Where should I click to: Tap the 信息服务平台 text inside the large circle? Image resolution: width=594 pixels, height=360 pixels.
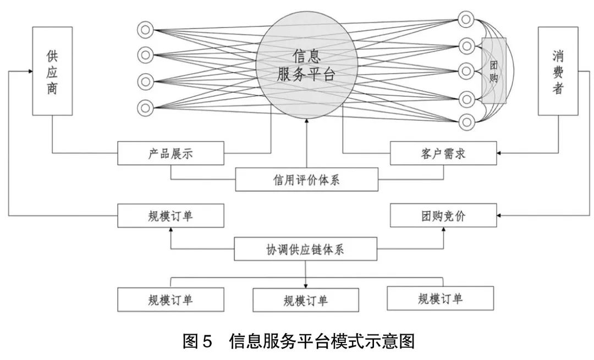click(306, 65)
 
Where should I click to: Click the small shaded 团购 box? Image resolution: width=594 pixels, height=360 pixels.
click(494, 70)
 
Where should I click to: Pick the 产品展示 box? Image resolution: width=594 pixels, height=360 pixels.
click(170, 153)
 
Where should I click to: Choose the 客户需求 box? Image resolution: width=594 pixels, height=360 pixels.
click(443, 153)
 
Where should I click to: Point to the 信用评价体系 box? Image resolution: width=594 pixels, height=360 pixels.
click(306, 180)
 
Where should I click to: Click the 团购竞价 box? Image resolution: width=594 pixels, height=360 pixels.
click(443, 215)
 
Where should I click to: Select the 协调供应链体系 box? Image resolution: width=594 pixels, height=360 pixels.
click(306, 249)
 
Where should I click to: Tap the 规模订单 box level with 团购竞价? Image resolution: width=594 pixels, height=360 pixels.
click(170, 215)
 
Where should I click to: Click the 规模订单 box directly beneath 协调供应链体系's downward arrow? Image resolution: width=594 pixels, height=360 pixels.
click(306, 300)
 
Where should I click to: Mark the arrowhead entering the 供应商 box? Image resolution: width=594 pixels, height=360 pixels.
click(29, 71)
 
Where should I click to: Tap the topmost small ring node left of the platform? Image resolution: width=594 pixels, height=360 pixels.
click(146, 30)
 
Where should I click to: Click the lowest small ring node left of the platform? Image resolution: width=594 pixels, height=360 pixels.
click(146, 107)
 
